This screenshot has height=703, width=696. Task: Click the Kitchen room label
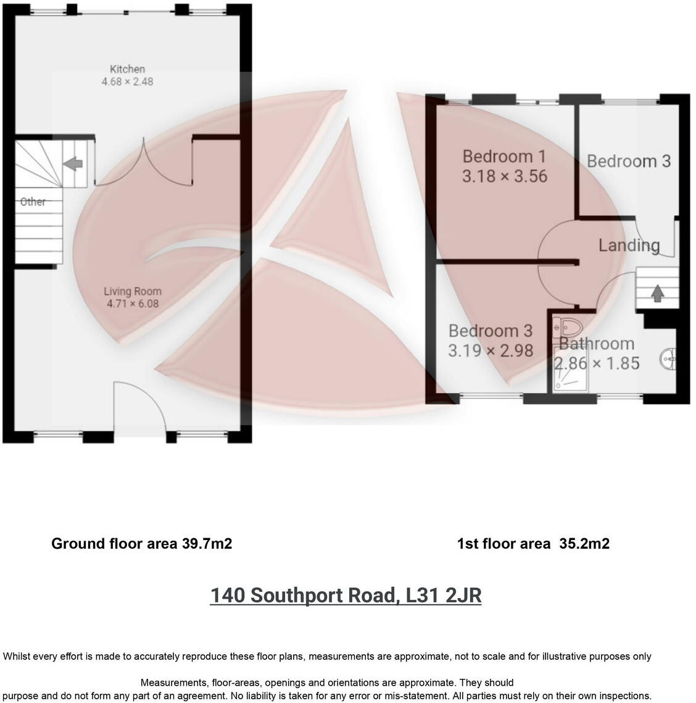click(127, 69)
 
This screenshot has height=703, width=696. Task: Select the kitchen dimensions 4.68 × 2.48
click(127, 81)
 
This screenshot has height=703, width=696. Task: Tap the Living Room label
click(133, 291)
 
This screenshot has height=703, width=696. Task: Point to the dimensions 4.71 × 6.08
click(133, 304)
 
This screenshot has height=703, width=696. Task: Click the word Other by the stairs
click(33, 202)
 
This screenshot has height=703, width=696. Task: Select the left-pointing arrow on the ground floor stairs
click(73, 164)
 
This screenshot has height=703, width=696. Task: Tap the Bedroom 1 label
click(504, 156)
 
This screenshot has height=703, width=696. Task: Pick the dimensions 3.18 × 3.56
click(505, 177)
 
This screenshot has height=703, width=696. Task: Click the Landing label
click(629, 246)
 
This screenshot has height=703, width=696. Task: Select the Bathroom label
click(597, 344)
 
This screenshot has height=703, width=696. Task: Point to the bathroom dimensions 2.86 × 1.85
click(597, 364)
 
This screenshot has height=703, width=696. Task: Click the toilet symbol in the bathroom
click(566, 325)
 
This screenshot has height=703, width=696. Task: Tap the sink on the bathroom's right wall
click(669, 359)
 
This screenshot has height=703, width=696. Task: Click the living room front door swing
click(141, 404)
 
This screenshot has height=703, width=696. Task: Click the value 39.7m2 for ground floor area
click(207, 544)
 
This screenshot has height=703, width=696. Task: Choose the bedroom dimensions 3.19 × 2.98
click(491, 351)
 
